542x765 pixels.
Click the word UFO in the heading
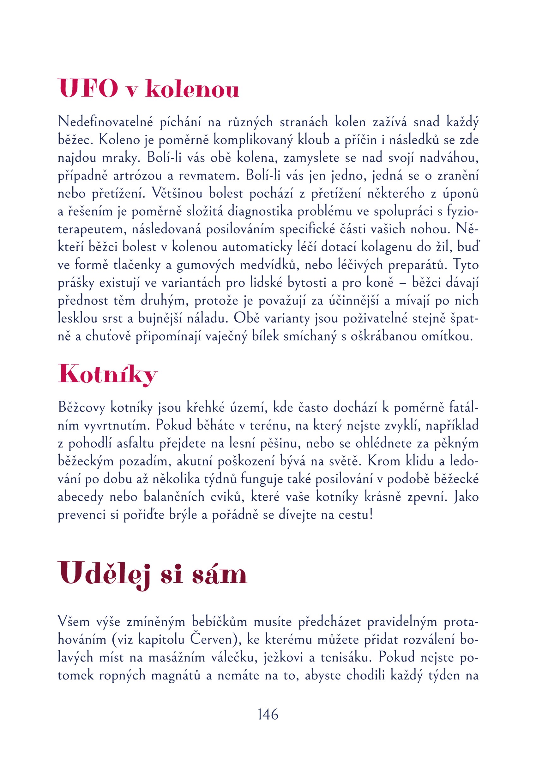coord(88,89)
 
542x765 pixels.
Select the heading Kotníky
coord(107,375)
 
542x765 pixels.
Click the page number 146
coord(268,714)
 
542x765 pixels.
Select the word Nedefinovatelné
coord(105,122)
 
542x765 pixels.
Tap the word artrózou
coord(137,176)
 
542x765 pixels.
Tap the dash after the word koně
coord(403,283)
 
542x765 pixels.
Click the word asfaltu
coord(136,443)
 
